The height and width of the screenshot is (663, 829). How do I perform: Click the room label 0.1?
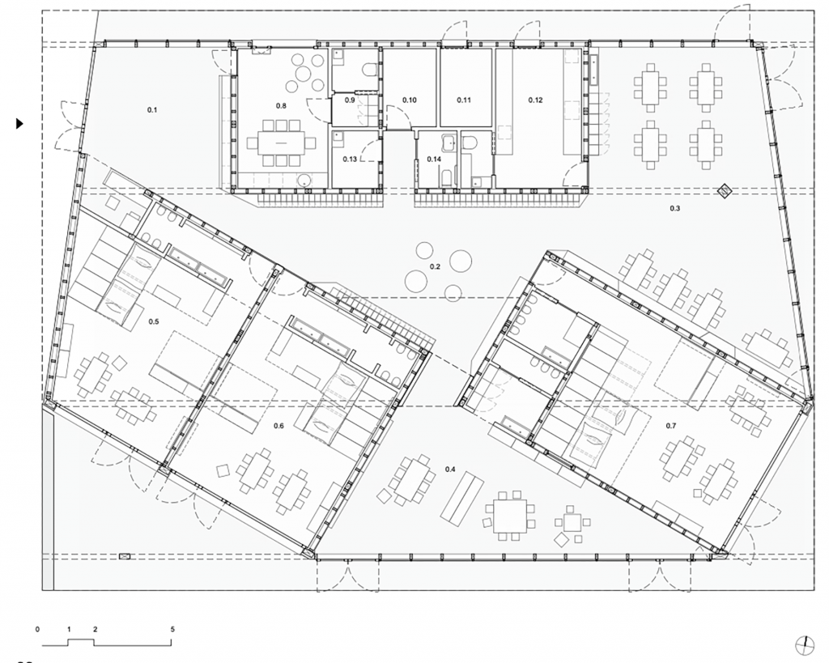pos(152,110)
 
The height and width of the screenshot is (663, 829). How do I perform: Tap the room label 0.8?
pos(281,106)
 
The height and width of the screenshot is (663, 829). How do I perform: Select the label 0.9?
pos(350,100)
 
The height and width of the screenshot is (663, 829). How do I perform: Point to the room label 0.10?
pos(409,100)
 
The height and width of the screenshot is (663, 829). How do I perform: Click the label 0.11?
pos(464,100)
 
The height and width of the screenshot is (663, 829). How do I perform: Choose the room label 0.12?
pos(536,100)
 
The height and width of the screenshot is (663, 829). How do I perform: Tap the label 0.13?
pos(350,159)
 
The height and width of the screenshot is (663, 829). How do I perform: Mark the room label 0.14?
pos(434,159)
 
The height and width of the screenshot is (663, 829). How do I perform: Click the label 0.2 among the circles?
pos(435,266)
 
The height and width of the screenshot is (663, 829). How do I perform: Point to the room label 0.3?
pos(674,208)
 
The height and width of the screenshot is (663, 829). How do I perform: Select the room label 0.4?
pos(450,469)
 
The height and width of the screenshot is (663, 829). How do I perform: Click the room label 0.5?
pos(153,321)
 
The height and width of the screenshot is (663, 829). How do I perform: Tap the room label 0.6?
pos(278,426)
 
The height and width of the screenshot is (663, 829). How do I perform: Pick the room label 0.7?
pos(670,426)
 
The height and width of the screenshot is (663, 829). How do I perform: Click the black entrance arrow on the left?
pos(19,124)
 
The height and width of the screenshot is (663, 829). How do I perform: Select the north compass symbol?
pos(804,643)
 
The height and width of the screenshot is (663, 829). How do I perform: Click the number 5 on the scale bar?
pos(172,629)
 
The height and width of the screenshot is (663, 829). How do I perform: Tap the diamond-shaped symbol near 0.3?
pos(723,191)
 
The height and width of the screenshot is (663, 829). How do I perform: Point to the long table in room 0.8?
pos(281,142)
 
